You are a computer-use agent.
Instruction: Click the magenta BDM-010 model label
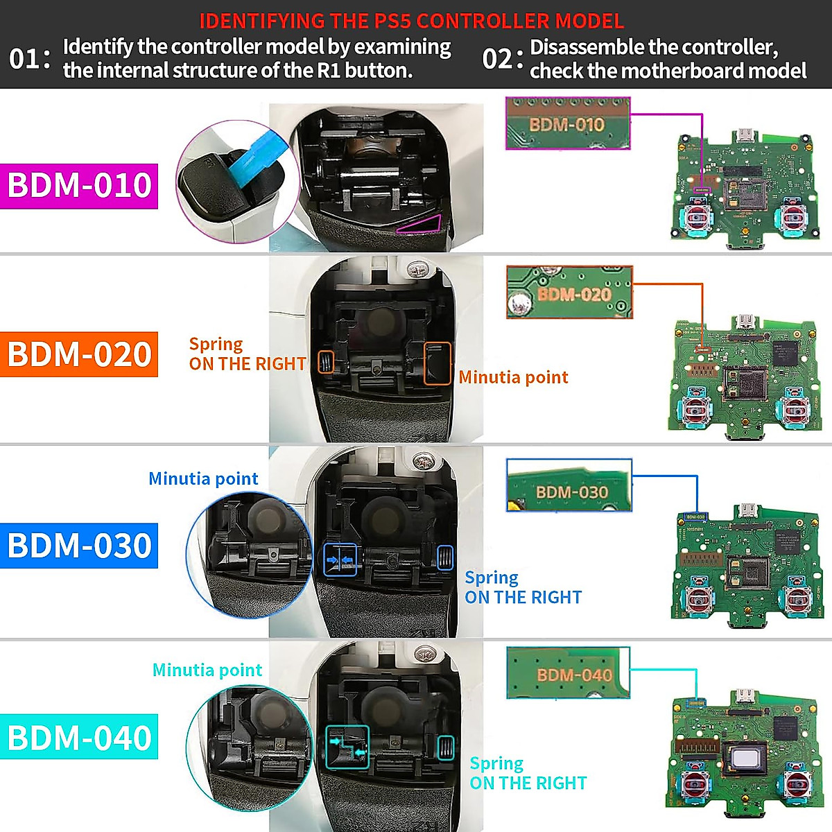pyautogui.click(x=79, y=186)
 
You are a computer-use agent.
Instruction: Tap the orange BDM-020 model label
pyautogui.click(x=79, y=354)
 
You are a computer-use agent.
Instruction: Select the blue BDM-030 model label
pyautogui.click(x=79, y=546)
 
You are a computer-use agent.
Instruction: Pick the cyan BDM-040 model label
pyautogui.click(x=79, y=737)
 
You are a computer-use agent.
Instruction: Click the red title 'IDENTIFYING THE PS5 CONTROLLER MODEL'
pyautogui.click(x=412, y=21)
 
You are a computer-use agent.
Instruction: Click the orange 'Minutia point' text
pyautogui.click(x=513, y=377)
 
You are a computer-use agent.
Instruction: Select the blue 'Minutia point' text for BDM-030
pyautogui.click(x=203, y=478)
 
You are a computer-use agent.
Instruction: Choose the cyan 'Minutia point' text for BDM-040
pyautogui.click(x=207, y=670)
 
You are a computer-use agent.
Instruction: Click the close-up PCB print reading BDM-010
pyautogui.click(x=567, y=125)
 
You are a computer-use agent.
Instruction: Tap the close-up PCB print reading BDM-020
pyautogui.click(x=575, y=294)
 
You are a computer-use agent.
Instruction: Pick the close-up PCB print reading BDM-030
pyautogui.click(x=571, y=492)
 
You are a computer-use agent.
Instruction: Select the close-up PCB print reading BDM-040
pyautogui.click(x=574, y=675)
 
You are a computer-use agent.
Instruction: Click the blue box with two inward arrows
pyautogui.click(x=340, y=559)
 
